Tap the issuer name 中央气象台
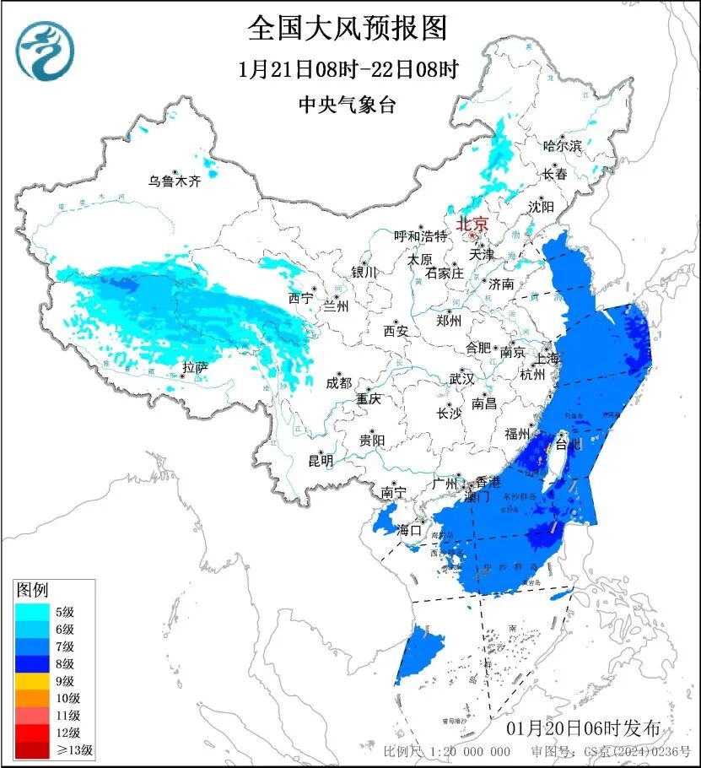[x=347, y=105]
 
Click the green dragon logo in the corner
[x=45, y=51]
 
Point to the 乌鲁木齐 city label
[x=175, y=181]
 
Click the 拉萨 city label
[x=195, y=367]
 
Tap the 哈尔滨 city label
[x=562, y=146]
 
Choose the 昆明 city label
[x=321, y=460]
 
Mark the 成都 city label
[x=337, y=382]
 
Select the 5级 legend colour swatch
[x=34, y=612]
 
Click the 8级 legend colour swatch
[x=34, y=663]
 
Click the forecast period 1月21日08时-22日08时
[x=347, y=70]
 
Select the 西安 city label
[x=395, y=331]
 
